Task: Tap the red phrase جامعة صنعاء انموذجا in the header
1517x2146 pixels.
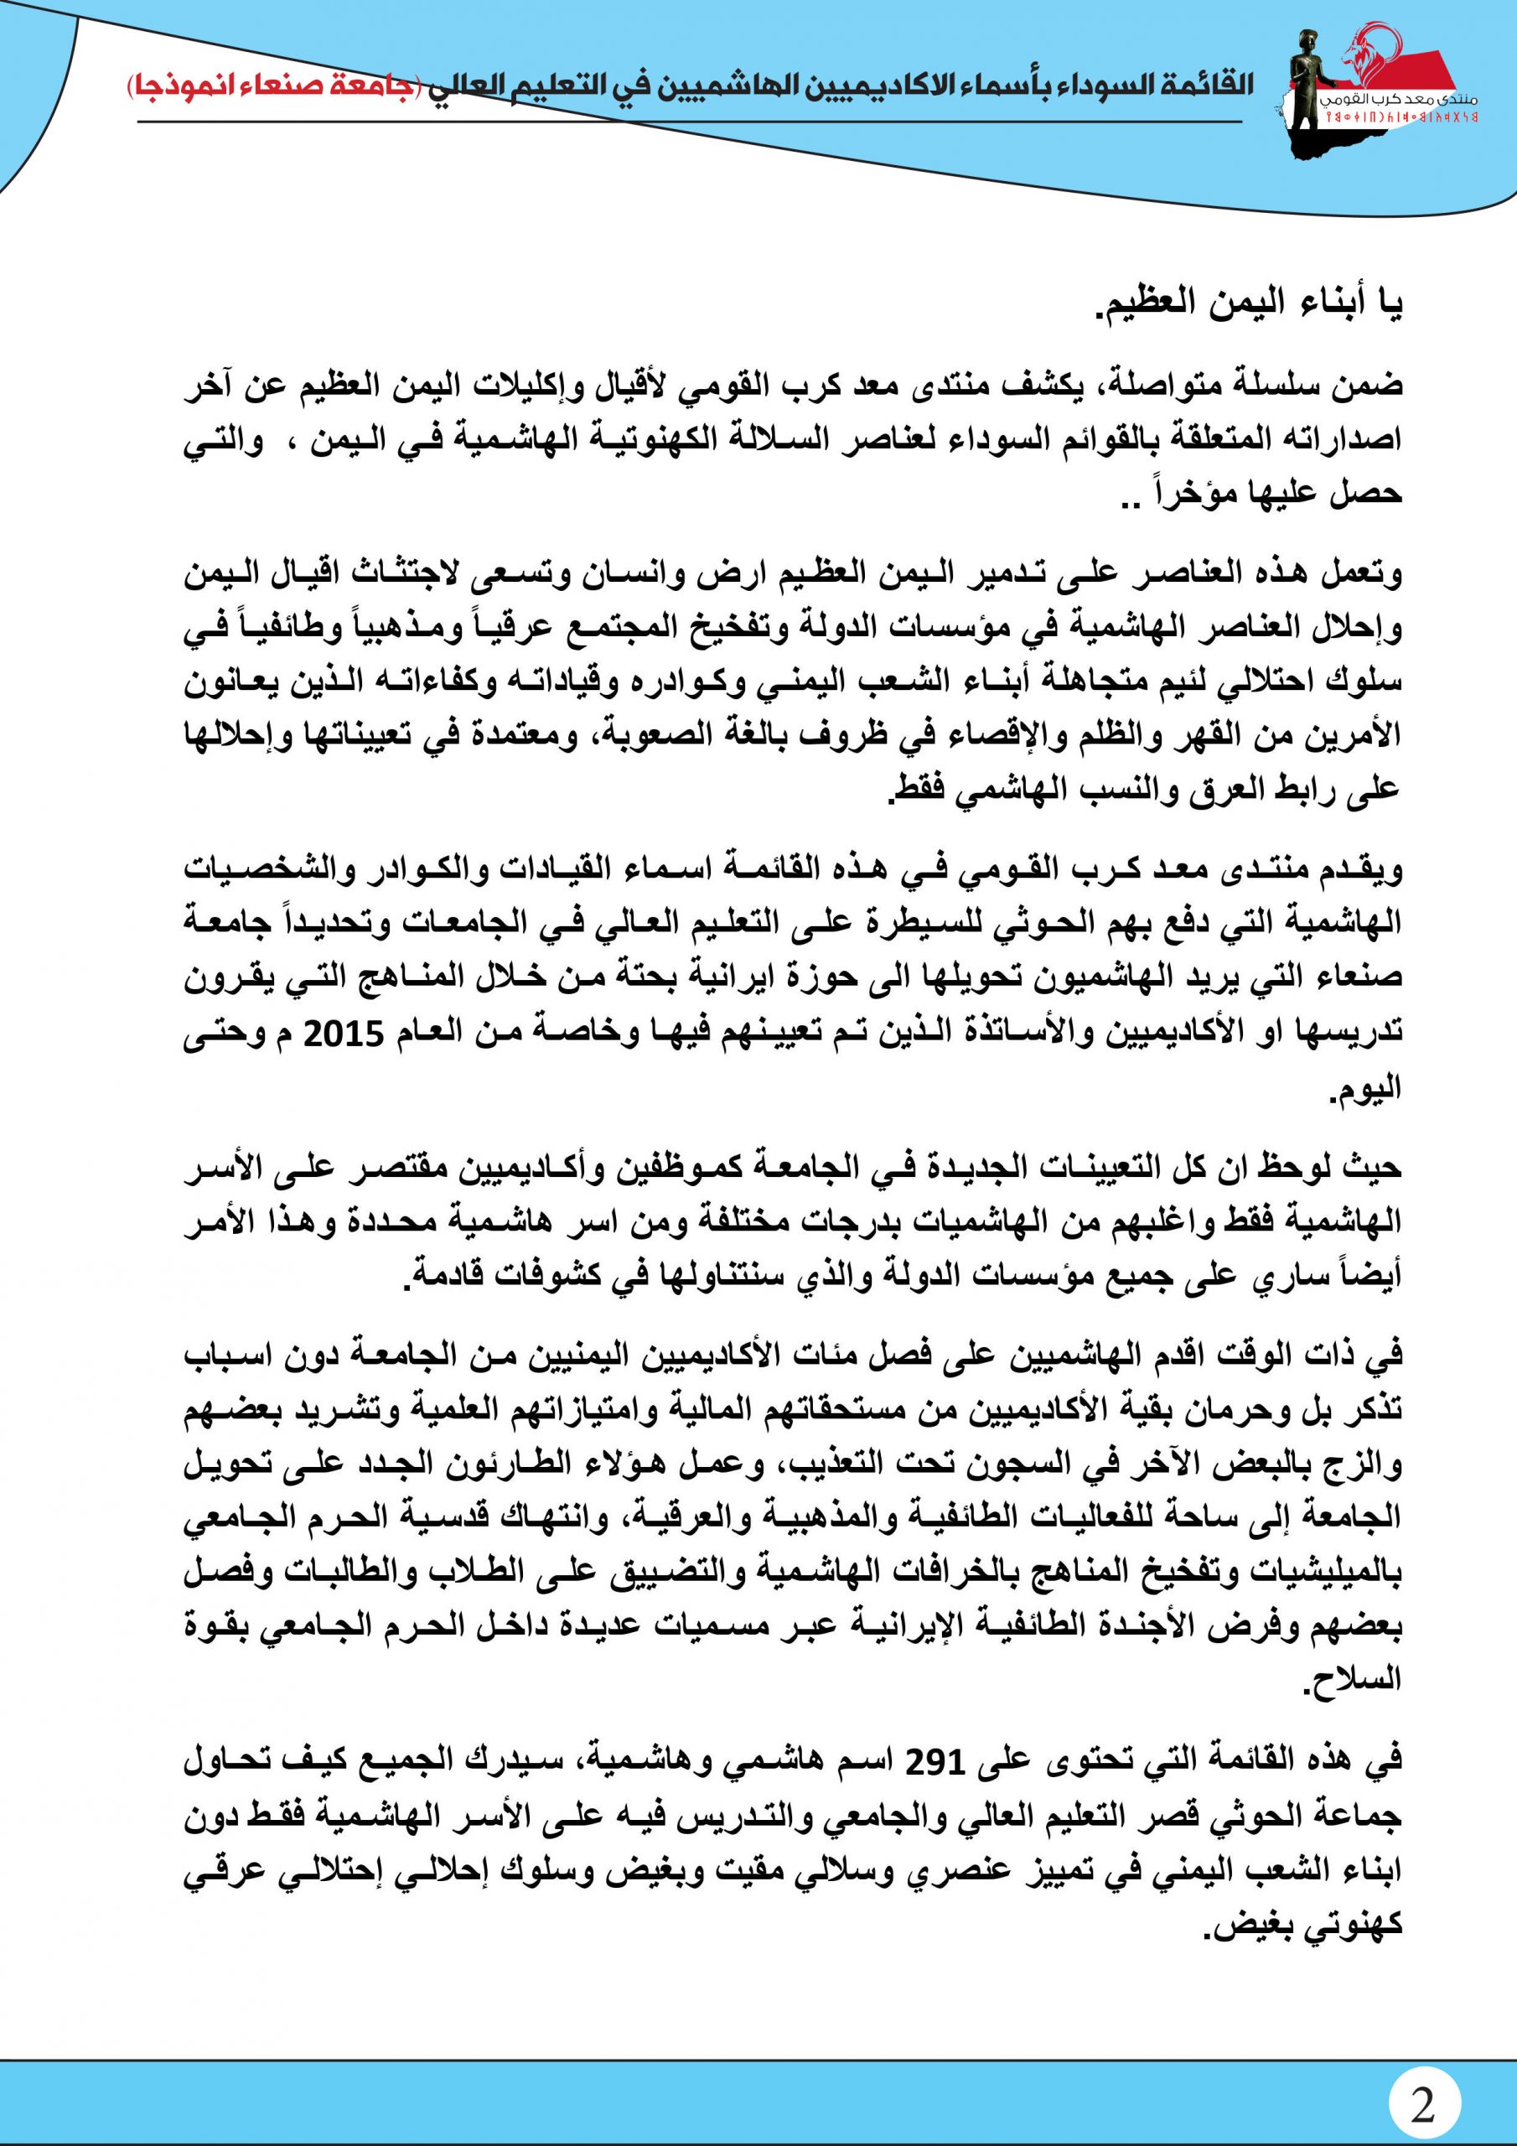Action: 274,84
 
